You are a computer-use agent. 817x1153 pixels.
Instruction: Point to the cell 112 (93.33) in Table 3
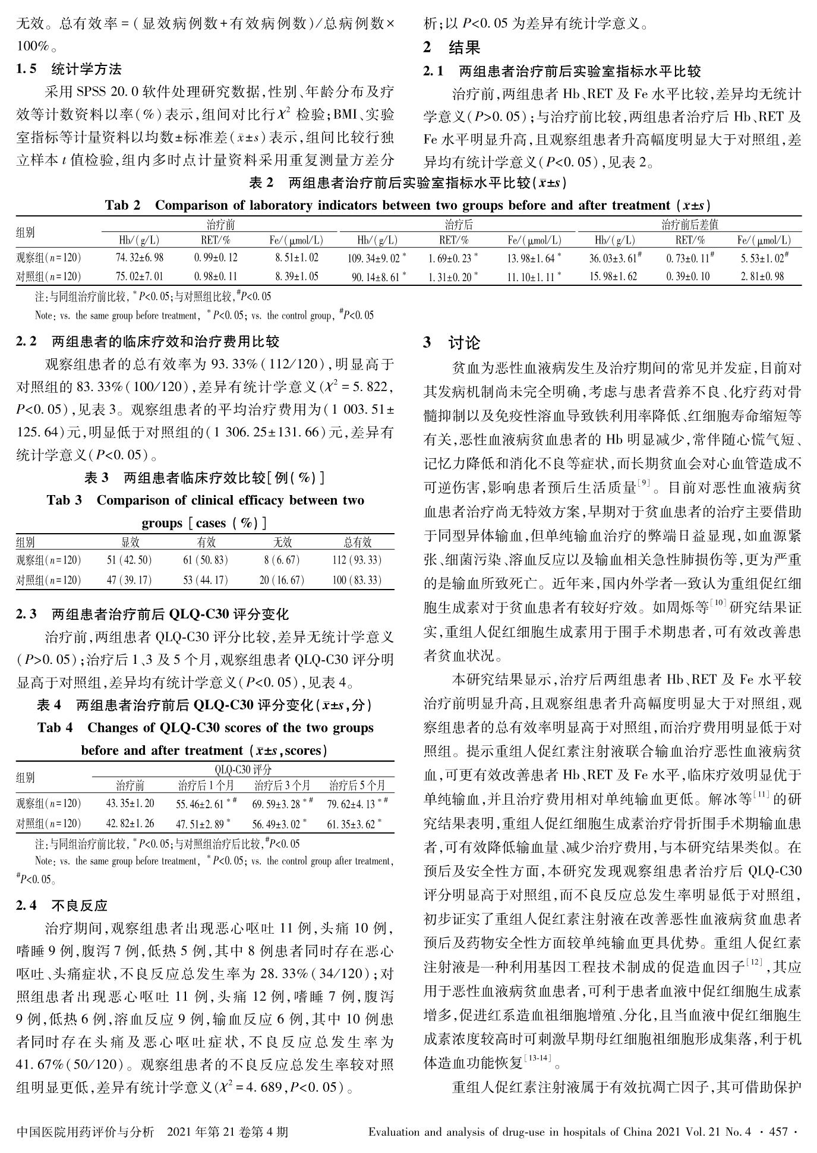pos(357,560)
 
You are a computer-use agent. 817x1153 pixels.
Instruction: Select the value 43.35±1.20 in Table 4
pos(130,804)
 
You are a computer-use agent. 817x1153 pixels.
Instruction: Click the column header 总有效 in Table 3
pos(358,541)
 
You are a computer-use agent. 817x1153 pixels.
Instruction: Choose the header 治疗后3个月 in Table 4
pos(282,785)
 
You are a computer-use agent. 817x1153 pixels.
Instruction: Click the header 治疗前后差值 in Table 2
pos(689,225)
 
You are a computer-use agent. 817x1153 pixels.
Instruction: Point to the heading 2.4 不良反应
pos(62,905)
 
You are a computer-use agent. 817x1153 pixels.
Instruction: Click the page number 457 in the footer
pos(778,1132)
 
